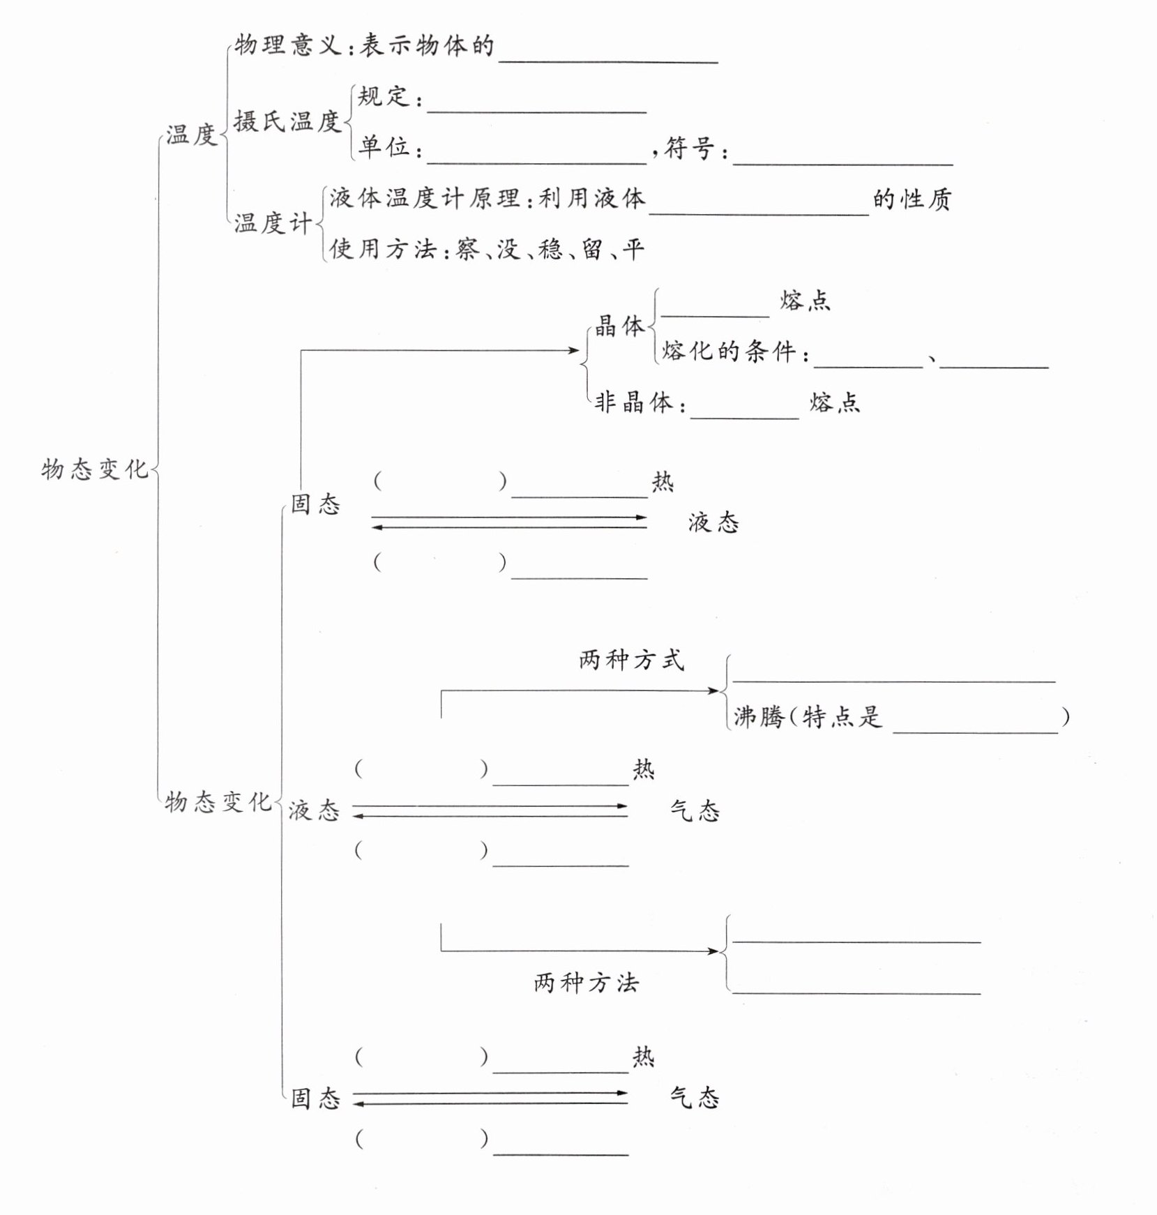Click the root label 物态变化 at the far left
[x=94, y=469]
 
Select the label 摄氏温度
[x=287, y=121]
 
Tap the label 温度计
[x=272, y=224]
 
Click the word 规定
[x=383, y=96]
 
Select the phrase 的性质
[x=912, y=199]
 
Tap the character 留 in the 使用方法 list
[x=592, y=249]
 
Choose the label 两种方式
[x=631, y=660]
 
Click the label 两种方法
[x=586, y=983]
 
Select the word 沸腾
[x=759, y=717]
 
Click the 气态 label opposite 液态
[x=695, y=810]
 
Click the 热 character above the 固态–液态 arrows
[x=663, y=482]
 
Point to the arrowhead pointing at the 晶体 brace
[x=575, y=350]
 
